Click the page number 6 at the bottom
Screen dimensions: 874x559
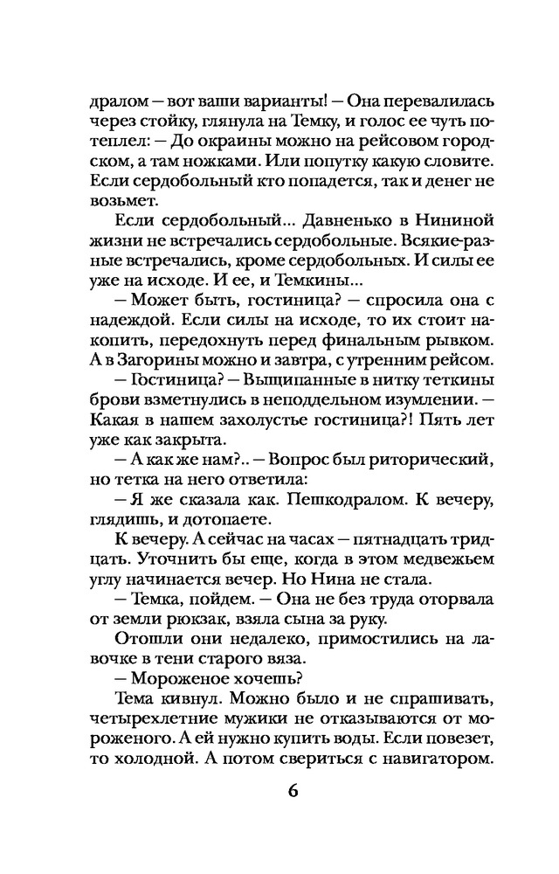coord(292,792)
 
